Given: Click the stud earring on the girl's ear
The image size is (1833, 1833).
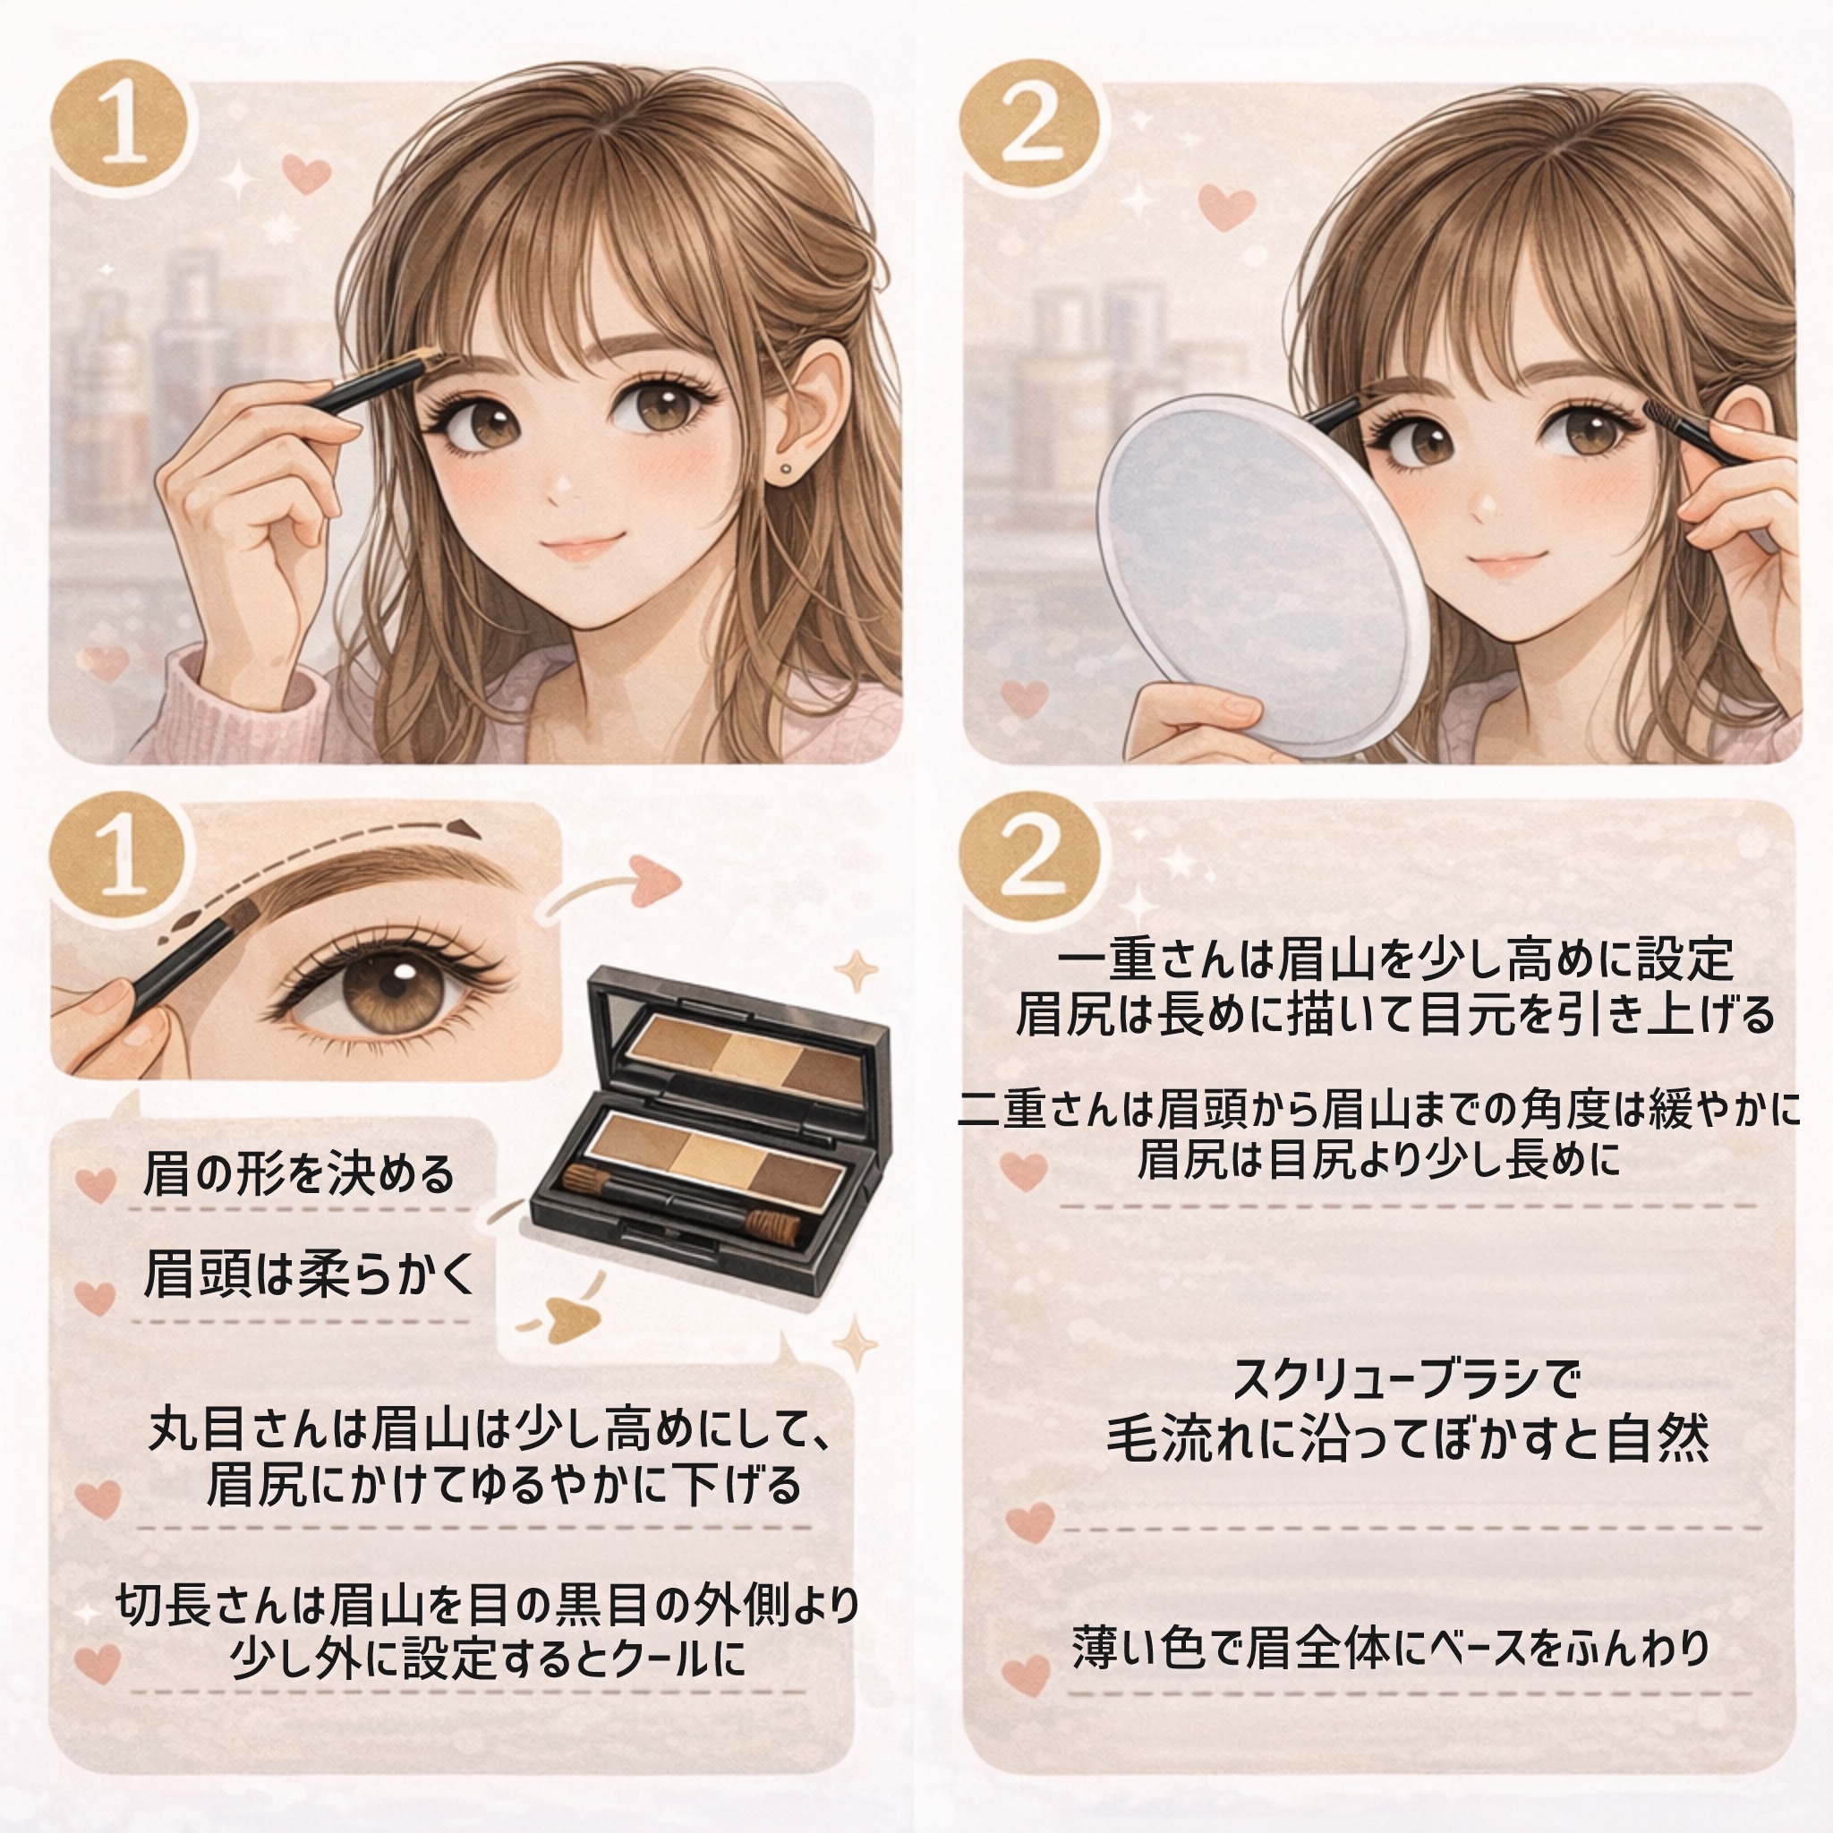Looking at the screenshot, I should point(787,468).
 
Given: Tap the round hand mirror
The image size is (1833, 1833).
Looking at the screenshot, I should point(1262,569).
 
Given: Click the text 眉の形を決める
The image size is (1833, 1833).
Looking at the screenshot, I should point(299,1174).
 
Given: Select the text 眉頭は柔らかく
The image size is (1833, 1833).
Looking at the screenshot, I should point(310,1274).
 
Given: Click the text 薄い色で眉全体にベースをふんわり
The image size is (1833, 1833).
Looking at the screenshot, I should point(1391,1648).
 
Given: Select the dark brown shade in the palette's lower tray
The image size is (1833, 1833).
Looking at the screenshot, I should point(797,1173).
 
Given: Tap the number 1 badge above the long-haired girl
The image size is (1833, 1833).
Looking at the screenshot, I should point(121,129).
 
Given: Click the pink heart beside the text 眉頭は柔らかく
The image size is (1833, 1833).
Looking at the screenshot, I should point(95,1296).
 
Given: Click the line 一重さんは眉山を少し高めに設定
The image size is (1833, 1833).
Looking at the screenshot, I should point(1394,960).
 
